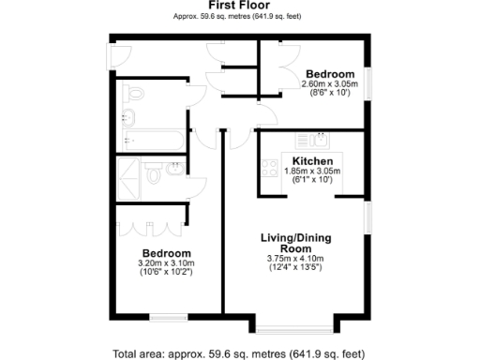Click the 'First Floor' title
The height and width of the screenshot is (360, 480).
point(240,5)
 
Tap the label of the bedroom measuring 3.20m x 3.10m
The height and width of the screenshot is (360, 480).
point(167,253)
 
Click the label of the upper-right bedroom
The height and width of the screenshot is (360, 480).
point(330,74)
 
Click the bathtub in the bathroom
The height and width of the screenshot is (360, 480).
point(156,141)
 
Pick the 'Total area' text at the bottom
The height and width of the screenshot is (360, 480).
point(239,354)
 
